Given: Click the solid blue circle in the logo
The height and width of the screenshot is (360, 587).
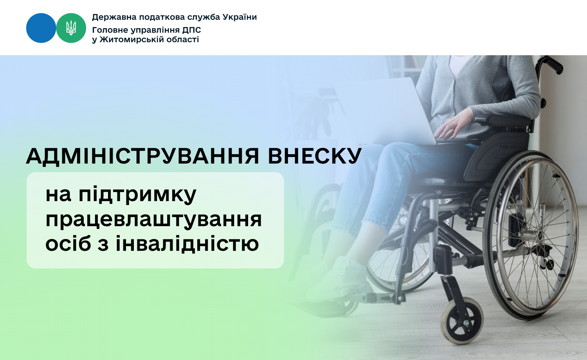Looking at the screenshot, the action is [x=41, y=28].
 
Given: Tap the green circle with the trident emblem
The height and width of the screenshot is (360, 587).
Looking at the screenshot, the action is [x=71, y=28].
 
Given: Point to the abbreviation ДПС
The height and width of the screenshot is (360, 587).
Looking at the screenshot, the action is [x=192, y=30].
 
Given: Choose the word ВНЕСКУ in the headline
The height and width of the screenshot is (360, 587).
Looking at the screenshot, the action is [x=315, y=156].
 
